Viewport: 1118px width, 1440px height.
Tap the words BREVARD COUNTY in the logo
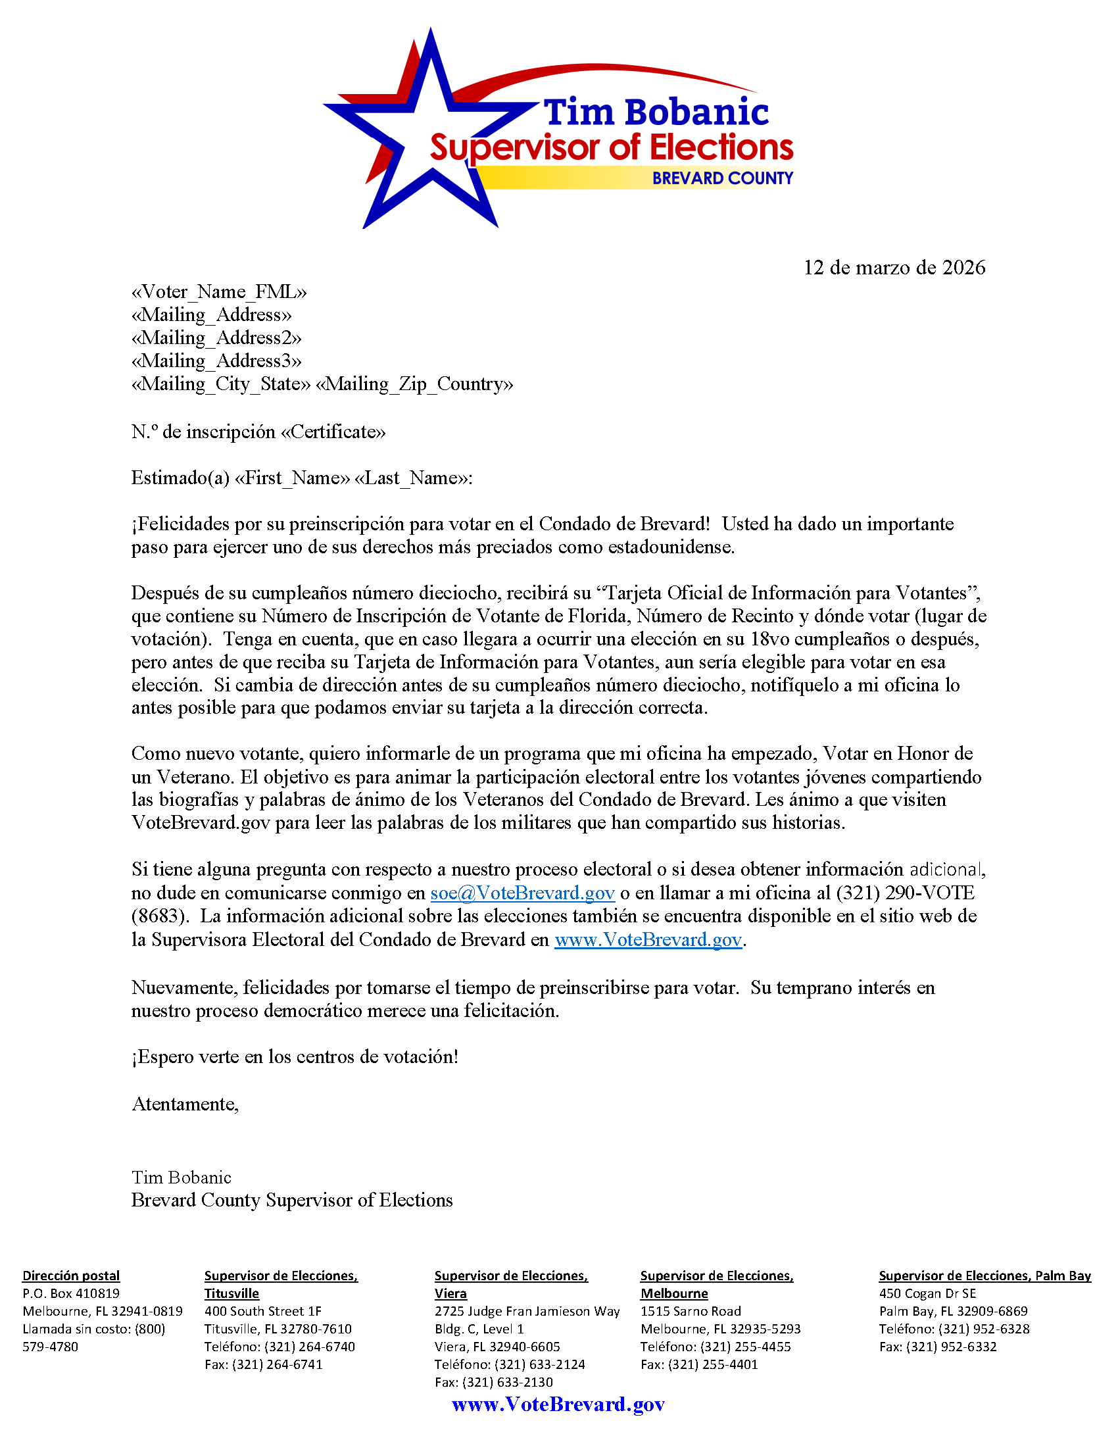(723, 178)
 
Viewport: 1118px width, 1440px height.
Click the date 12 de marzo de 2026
(894, 267)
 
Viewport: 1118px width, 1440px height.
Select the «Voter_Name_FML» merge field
(219, 291)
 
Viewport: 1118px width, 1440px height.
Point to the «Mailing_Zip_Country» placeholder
(414, 384)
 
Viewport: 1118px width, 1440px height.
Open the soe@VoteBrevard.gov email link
(522, 893)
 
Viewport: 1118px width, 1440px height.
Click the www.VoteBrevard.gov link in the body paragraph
(648, 939)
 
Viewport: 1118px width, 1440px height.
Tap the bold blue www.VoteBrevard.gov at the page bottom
(558, 1404)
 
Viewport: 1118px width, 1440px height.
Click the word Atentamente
(185, 1104)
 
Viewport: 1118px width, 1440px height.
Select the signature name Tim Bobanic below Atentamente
(182, 1177)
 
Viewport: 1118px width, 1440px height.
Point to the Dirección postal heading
(71, 1276)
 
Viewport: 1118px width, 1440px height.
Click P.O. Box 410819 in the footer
(71, 1293)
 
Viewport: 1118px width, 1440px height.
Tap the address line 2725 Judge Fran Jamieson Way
(527, 1312)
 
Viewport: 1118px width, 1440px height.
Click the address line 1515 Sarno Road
(690, 1312)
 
